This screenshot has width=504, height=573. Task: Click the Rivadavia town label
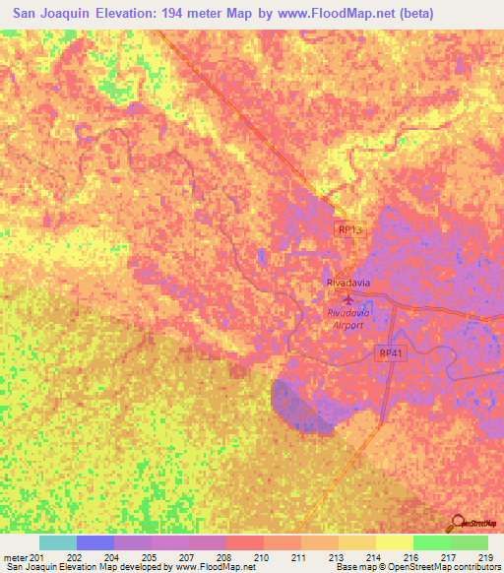tap(346, 282)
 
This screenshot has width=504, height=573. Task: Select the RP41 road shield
tap(390, 352)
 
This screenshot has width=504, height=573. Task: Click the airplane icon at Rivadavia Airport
tap(346, 297)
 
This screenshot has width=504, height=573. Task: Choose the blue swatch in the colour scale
tap(94, 542)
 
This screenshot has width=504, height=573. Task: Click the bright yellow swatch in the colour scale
tap(394, 542)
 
